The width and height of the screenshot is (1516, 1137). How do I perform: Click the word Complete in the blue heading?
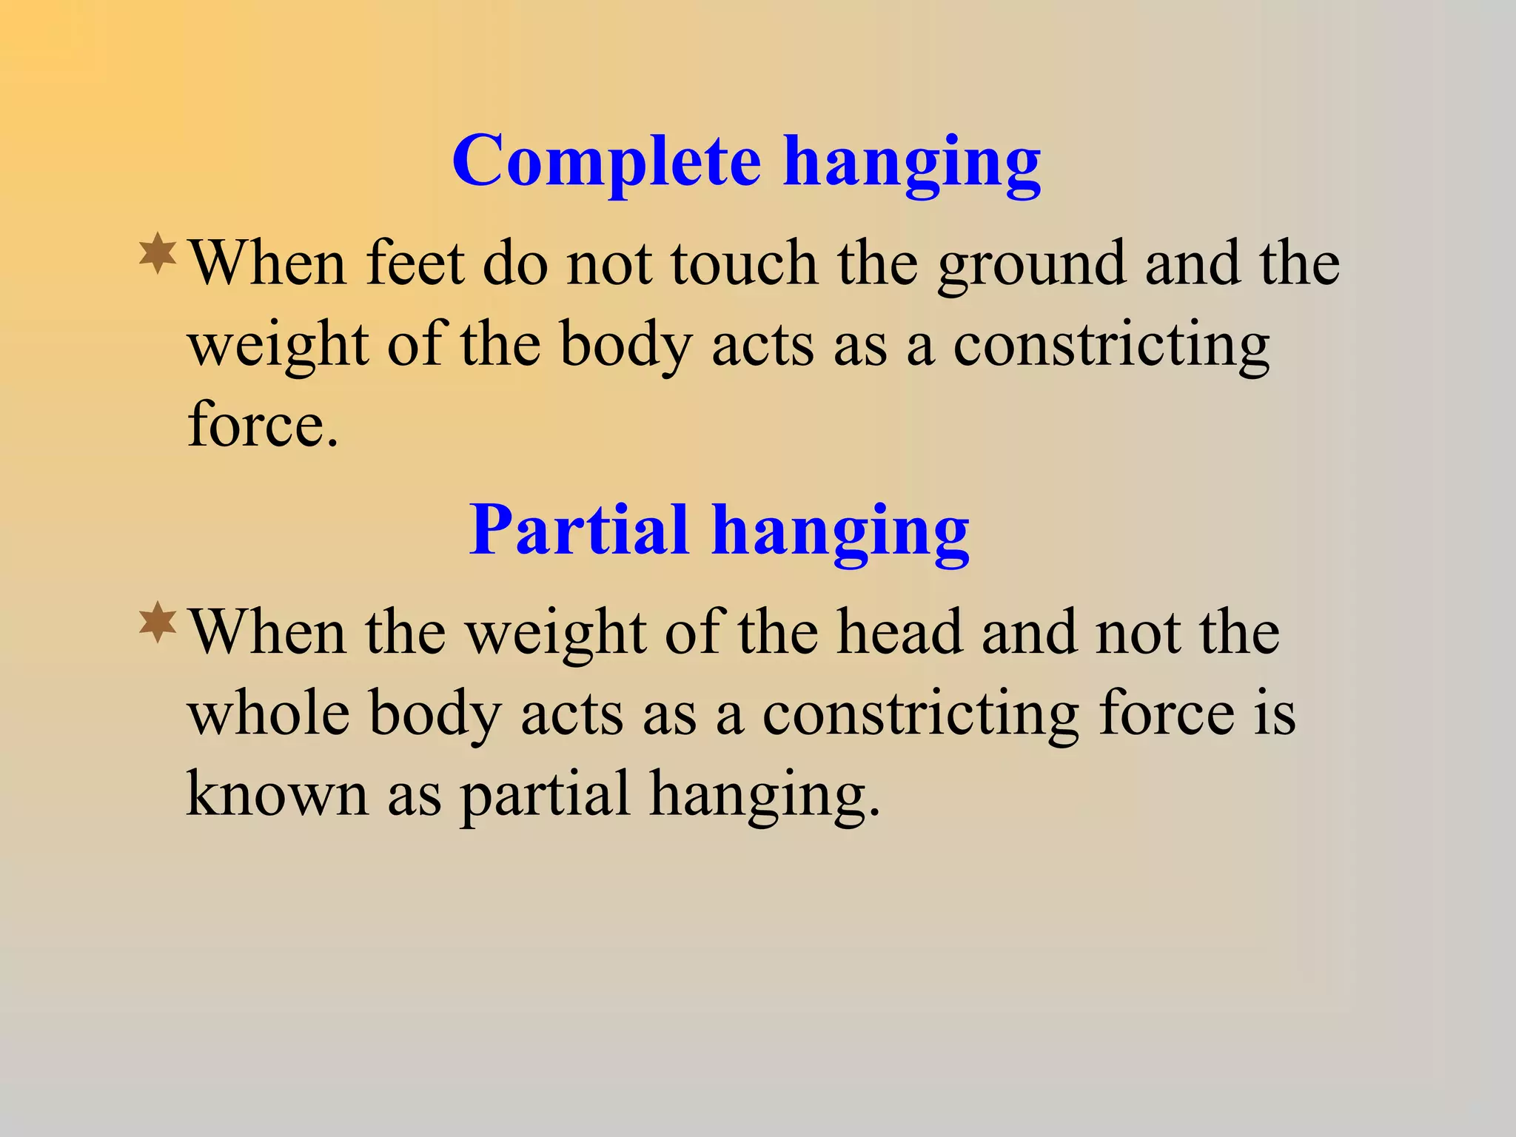606,161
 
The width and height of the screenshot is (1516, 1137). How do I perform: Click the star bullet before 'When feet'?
158,254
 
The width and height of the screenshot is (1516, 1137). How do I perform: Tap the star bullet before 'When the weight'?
158,623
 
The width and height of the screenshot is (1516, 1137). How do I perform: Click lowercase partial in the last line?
544,796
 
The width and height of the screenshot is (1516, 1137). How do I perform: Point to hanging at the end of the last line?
765,796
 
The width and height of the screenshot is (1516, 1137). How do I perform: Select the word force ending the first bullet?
263,425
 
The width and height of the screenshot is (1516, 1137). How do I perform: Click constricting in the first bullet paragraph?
1111,346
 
